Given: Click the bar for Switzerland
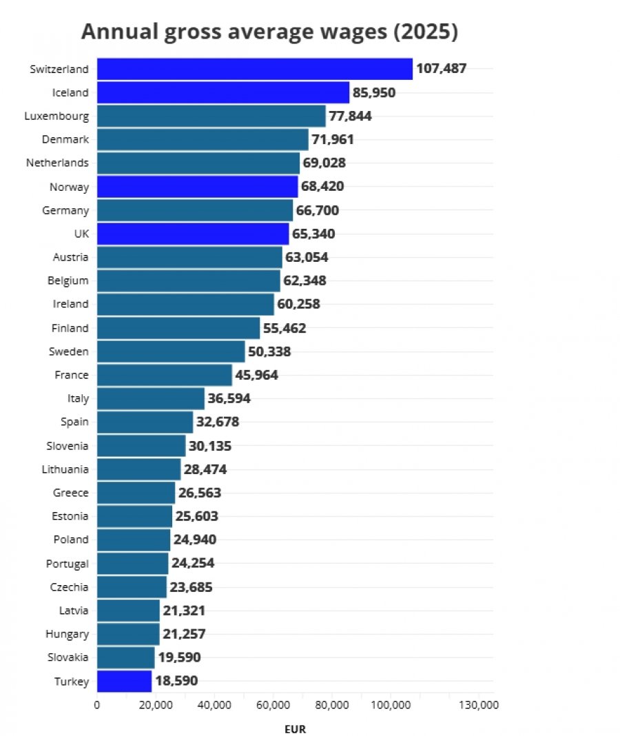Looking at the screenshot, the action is (255, 69).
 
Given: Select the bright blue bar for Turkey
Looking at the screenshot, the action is (125, 681).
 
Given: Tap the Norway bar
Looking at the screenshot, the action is (198, 187).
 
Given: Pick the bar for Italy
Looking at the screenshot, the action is (151, 398).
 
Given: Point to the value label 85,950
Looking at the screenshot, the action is (374, 92).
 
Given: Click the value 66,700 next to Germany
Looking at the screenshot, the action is (318, 210).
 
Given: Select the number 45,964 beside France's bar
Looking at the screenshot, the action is (257, 375).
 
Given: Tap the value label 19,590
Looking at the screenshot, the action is (179, 657).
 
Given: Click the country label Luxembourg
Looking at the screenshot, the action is (56, 116).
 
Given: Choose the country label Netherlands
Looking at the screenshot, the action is (57, 163).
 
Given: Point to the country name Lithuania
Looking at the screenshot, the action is (65, 469).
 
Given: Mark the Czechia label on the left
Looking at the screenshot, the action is (69, 587).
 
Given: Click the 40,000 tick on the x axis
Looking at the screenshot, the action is (214, 705).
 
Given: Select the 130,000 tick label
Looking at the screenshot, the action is (479, 705).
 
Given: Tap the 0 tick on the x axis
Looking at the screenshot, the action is (96, 705).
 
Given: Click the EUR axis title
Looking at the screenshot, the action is (296, 729).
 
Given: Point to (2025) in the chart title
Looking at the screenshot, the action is (426, 32).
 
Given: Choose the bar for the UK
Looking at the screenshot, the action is (193, 234).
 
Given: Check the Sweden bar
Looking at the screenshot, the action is (171, 351).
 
